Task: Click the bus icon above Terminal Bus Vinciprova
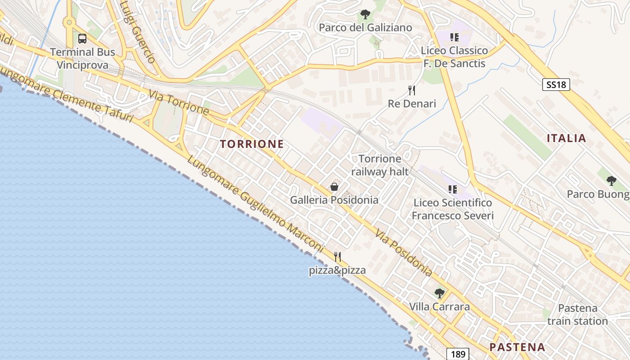pos(82,39)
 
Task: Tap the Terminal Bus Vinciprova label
pos(82,58)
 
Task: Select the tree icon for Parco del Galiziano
pos(365,14)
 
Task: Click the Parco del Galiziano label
pos(365,28)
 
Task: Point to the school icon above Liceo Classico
pos(454,37)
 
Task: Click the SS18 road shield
pos(556,85)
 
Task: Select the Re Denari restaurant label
pos(412,104)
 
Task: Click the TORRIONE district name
pos(252,144)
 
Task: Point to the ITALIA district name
pos(567,138)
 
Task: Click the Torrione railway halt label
pos(380,165)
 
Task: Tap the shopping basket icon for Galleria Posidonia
pos(334,187)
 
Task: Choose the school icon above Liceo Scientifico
pos(452,189)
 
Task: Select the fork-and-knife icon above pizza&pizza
pos(337,257)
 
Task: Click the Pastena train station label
pos(578,315)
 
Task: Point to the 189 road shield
pos(458,354)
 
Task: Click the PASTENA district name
pos(517,347)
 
